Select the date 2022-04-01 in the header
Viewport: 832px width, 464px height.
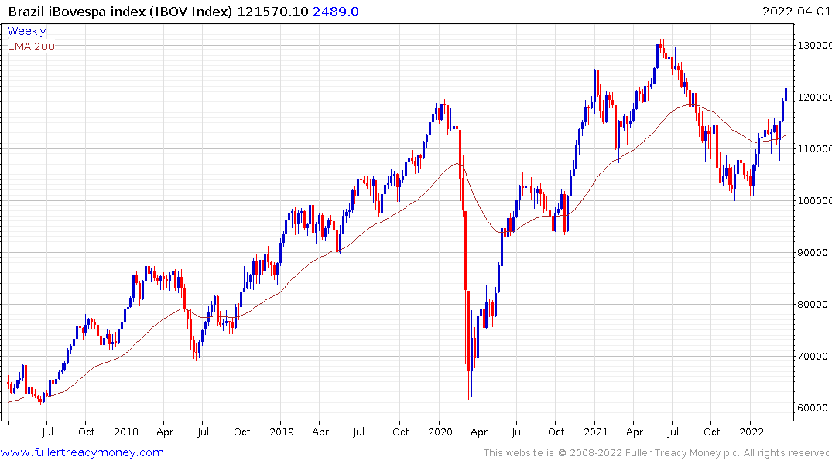[795, 11]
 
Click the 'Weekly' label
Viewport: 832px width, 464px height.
[26, 31]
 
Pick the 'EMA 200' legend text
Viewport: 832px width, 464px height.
[31, 46]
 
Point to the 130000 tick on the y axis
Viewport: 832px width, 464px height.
[813, 45]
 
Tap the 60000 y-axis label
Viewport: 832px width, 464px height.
[813, 408]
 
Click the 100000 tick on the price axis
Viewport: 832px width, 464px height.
[813, 200]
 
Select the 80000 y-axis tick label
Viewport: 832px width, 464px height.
[813, 304]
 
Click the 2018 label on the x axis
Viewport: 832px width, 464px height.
[125, 432]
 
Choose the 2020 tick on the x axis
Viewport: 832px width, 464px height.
[439, 432]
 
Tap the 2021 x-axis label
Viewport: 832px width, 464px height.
[595, 432]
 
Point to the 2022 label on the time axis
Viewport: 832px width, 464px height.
[752, 432]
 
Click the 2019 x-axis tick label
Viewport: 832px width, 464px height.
[282, 432]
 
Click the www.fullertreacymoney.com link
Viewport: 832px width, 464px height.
[82, 452]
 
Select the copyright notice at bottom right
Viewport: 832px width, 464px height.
[657, 453]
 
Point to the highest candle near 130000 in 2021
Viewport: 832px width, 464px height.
[662, 48]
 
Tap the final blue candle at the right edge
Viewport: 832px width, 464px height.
[786, 94]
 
